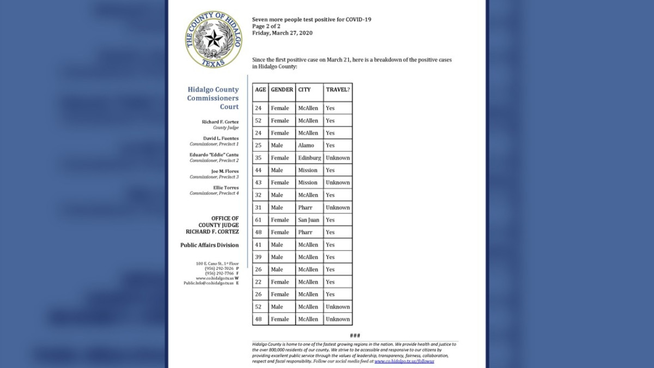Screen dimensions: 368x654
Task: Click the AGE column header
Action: point(261,89)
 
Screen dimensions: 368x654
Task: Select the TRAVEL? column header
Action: point(337,89)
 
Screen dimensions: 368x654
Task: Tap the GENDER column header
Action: point(282,89)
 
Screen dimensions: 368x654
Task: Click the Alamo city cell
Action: point(306,146)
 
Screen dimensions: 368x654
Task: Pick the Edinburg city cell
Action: point(309,158)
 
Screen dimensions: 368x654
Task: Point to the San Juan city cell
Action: point(308,220)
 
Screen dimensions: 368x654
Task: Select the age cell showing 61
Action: point(258,220)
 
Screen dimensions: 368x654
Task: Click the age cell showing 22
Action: point(258,282)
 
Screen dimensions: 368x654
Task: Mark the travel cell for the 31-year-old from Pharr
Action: point(337,208)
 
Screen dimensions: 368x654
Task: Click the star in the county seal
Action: point(214,38)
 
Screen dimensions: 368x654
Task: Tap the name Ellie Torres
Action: point(225,188)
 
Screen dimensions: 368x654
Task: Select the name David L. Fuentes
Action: point(221,138)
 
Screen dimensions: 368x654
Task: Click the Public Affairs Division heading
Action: point(209,245)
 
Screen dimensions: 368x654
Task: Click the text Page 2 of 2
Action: point(266,26)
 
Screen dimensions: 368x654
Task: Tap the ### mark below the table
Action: point(355,335)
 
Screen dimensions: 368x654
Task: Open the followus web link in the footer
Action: point(404,361)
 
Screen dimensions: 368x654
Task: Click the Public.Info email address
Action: point(208,283)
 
